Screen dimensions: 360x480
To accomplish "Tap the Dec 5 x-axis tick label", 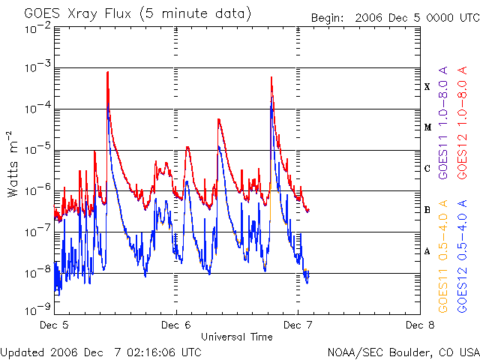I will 55,325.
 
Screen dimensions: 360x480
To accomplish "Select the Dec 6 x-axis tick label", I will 176,325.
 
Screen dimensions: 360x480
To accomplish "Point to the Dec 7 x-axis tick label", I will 298,325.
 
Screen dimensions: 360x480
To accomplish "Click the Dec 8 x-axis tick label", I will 419,325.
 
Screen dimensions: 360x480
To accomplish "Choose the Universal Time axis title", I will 237,337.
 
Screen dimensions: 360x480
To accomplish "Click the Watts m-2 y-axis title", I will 13,163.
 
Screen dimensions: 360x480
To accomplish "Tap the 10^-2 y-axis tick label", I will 35,28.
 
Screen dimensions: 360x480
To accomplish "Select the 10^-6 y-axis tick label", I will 35,190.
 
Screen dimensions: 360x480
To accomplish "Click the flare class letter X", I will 427,87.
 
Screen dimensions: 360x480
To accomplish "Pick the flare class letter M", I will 427,127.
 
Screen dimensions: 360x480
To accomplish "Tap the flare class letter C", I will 427,169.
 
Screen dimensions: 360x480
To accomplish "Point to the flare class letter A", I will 427,251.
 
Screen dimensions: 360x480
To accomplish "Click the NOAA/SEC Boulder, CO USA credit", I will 403,352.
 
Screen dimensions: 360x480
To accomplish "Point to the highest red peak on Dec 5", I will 108,73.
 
